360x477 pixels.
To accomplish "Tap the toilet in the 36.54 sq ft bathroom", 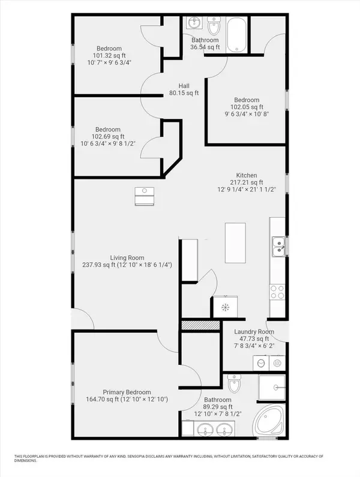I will pos(214,26).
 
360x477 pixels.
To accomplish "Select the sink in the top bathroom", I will pos(194,23).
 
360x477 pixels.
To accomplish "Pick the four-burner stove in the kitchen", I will pos(278,292).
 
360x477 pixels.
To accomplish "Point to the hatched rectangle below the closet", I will pos(199,325).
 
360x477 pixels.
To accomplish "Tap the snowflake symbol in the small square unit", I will pos(225,308).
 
